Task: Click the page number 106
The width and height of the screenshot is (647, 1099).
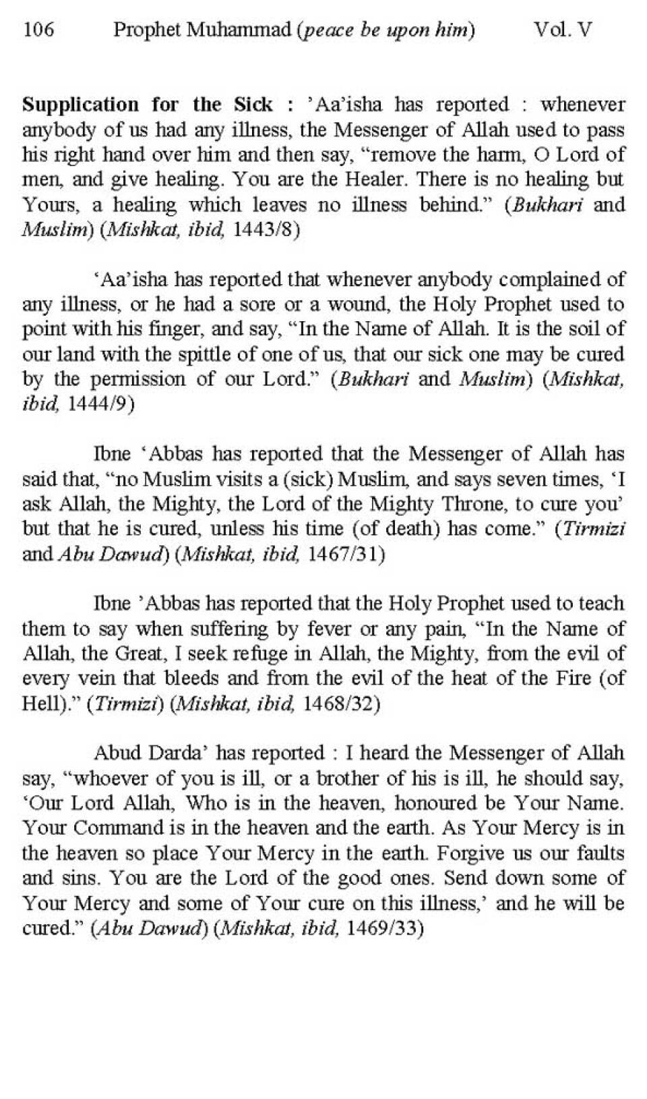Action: pyautogui.click(x=38, y=30)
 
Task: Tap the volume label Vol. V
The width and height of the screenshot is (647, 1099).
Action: pyautogui.click(x=562, y=30)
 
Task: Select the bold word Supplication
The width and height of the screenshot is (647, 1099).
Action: pyautogui.click(x=80, y=105)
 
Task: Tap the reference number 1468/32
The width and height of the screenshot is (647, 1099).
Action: pyautogui.click(x=342, y=704)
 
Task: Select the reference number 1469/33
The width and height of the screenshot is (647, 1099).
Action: pyautogui.click(x=385, y=928)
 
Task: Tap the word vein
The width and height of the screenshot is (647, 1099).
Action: pyautogui.click(x=84, y=679)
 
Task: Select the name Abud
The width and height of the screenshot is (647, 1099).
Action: pyautogui.click(x=117, y=753)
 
